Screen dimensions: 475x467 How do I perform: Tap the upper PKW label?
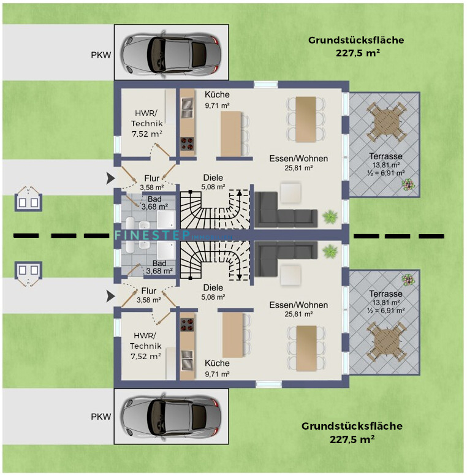click(x=101, y=53)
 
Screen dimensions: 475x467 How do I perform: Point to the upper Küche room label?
click(x=217, y=99)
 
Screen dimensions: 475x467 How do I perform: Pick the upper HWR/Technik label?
click(x=146, y=123)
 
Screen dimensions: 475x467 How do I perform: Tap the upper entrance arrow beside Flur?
click(x=110, y=178)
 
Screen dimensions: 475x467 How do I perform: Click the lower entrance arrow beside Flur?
click(x=110, y=297)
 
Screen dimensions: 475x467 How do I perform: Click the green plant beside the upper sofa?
click(x=331, y=216)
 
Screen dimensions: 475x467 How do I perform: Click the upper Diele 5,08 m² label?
click(x=213, y=182)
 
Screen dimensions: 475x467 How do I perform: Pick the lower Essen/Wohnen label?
click(x=298, y=309)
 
